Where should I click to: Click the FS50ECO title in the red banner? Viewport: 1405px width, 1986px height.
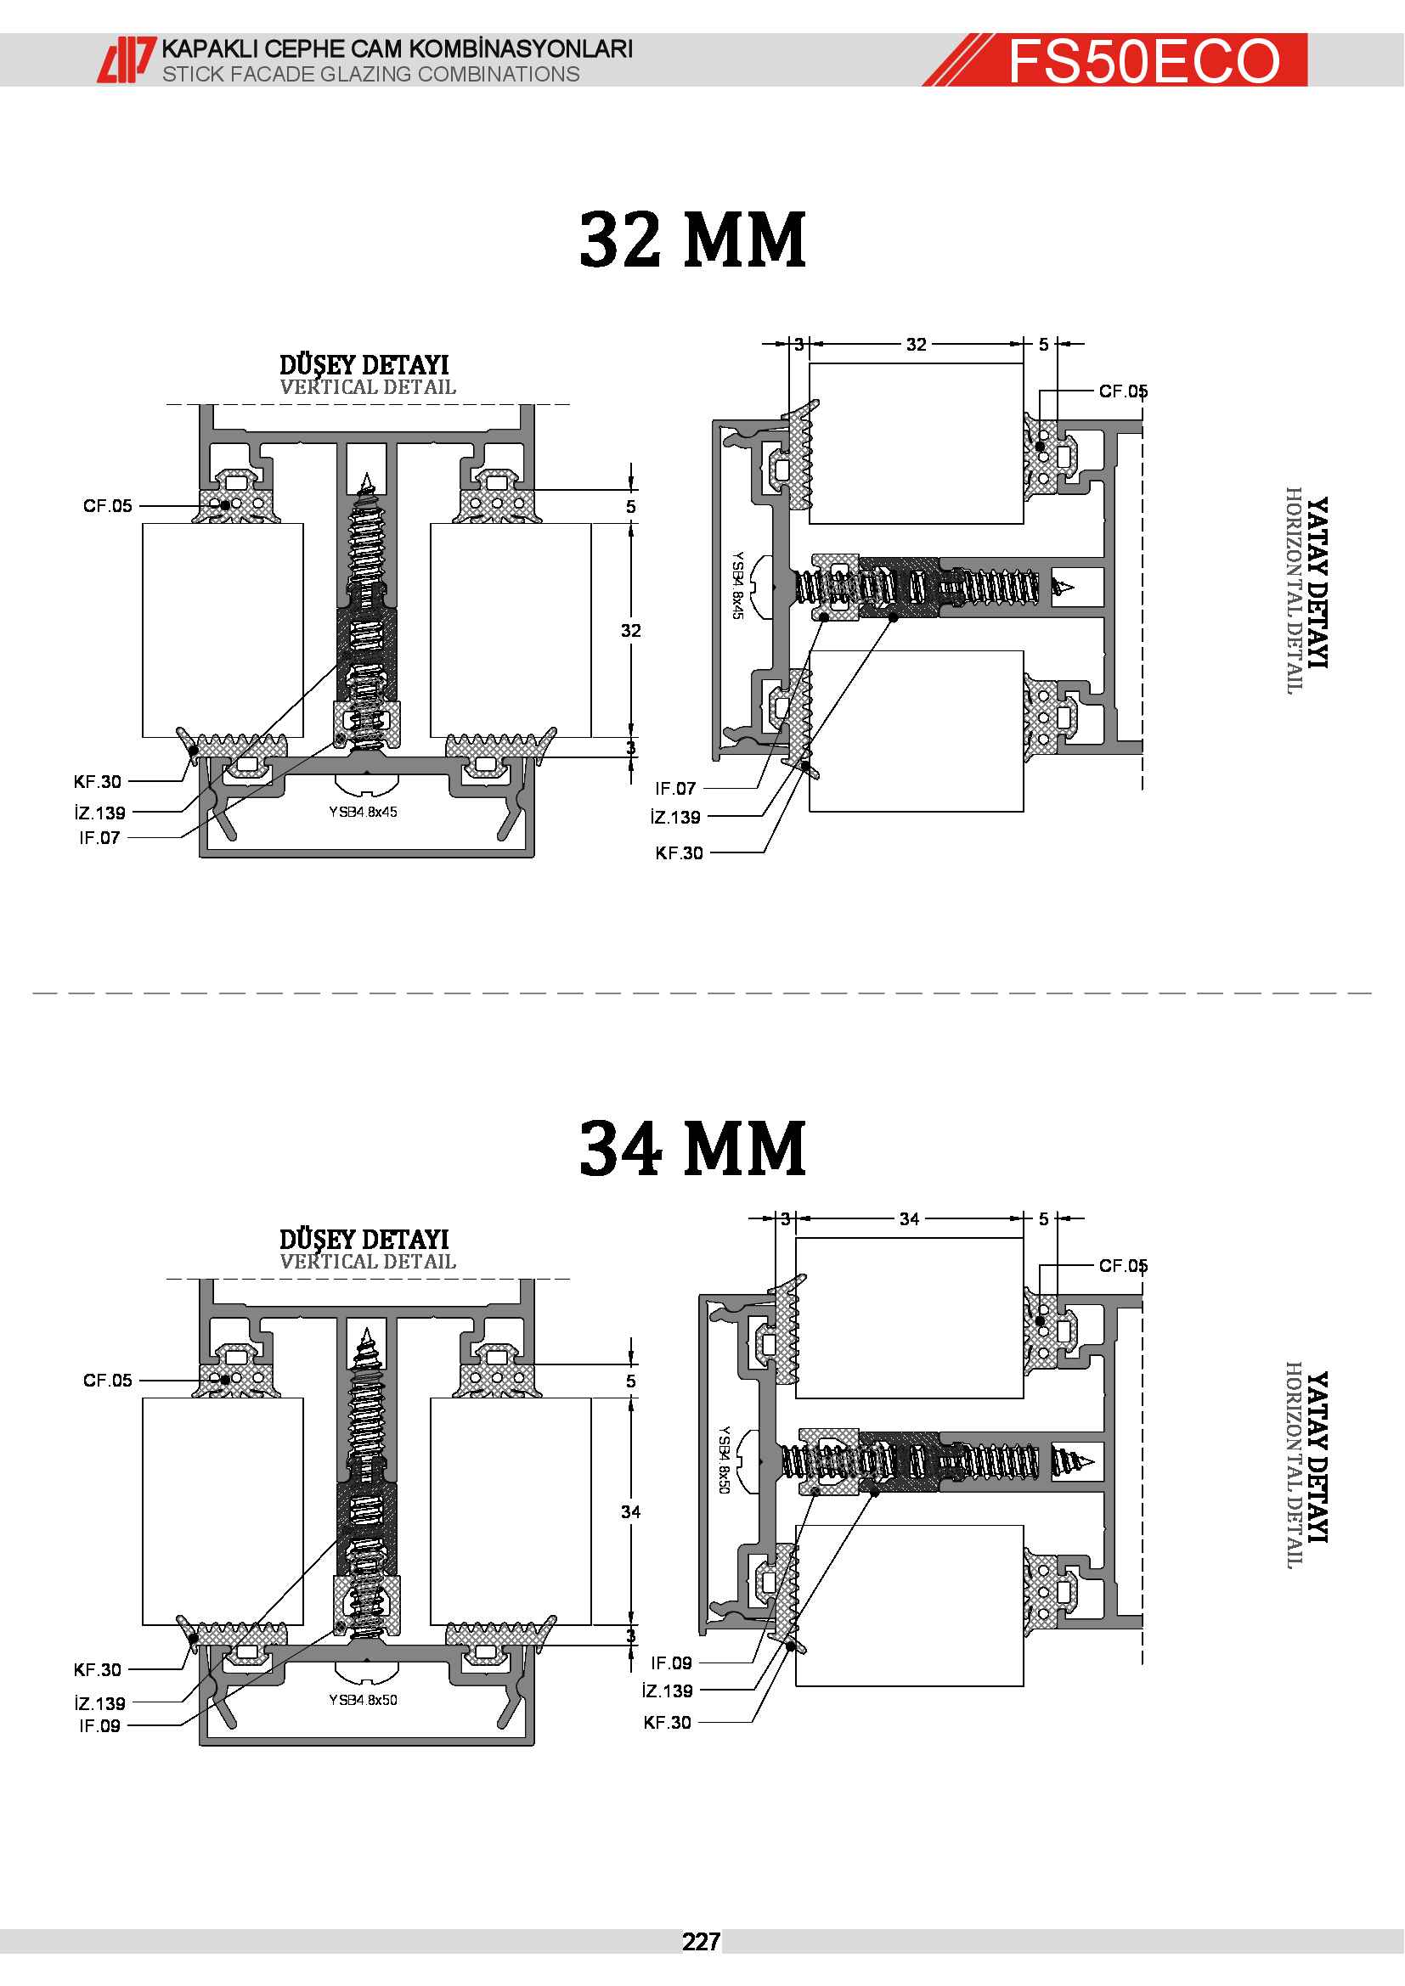tap(1143, 60)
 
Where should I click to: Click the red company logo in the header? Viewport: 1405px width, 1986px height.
tap(127, 59)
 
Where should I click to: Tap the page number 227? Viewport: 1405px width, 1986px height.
tap(701, 1942)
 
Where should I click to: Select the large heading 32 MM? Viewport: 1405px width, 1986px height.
tap(692, 239)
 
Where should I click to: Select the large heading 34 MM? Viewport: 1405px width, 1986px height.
tap(692, 1148)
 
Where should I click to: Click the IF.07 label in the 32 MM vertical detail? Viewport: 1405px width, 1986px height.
tap(99, 837)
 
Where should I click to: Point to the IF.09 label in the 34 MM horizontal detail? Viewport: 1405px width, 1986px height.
tap(671, 1663)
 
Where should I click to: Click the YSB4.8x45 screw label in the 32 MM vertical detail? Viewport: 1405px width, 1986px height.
tap(363, 812)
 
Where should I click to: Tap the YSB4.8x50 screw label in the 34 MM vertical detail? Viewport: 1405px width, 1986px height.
tap(363, 1700)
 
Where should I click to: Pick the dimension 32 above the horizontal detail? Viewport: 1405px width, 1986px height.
tap(917, 344)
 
